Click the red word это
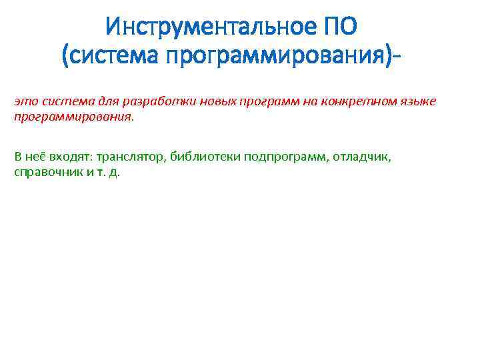pos(26,101)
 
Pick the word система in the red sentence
pos(61,101)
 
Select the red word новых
pos(189,101)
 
